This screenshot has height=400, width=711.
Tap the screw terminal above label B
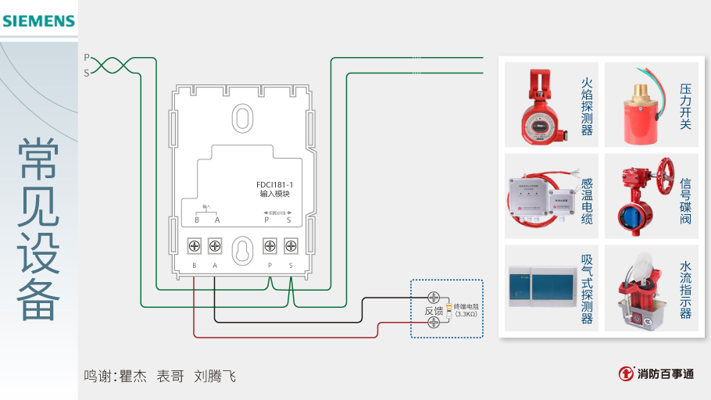click(194, 247)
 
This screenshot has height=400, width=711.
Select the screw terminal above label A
click(214, 247)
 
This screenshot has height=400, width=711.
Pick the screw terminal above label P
click(270, 247)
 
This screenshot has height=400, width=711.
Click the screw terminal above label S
click(291, 247)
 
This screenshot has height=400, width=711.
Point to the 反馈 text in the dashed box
click(434, 310)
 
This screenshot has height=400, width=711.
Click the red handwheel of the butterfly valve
click(666, 170)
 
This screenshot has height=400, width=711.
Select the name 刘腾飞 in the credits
click(215, 377)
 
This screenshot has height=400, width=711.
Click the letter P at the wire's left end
click(87, 58)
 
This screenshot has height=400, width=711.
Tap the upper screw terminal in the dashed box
click(434, 297)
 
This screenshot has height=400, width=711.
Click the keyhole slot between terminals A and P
click(242, 249)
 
